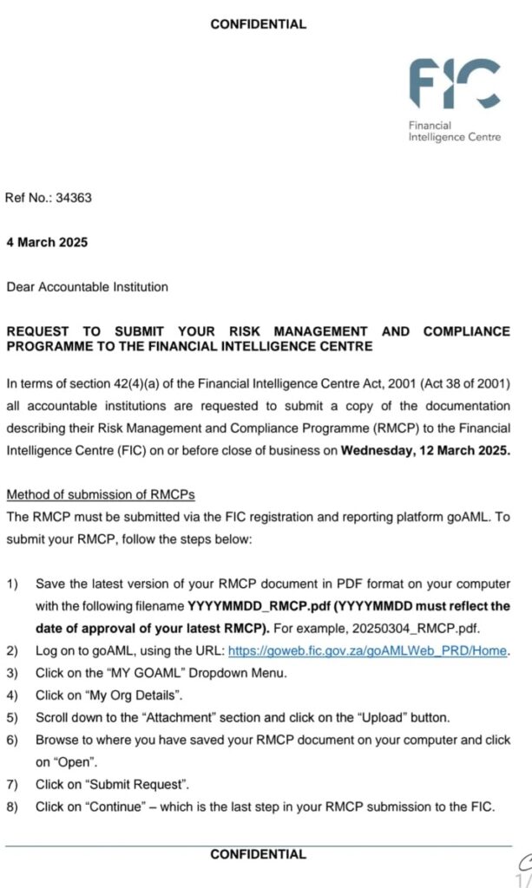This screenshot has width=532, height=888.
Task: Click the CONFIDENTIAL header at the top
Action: tap(258, 24)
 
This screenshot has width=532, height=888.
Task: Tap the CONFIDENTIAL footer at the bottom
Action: tap(258, 854)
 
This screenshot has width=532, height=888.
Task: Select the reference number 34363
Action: tap(74, 198)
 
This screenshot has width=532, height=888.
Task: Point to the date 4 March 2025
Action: tap(47, 243)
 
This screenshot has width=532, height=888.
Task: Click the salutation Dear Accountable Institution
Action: tap(88, 287)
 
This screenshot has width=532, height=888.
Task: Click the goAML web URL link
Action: tap(367, 651)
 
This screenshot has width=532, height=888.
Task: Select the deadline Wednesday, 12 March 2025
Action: tap(426, 450)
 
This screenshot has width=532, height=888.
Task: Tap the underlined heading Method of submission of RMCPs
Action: tap(101, 495)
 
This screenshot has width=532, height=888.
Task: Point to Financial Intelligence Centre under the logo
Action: tap(454, 131)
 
